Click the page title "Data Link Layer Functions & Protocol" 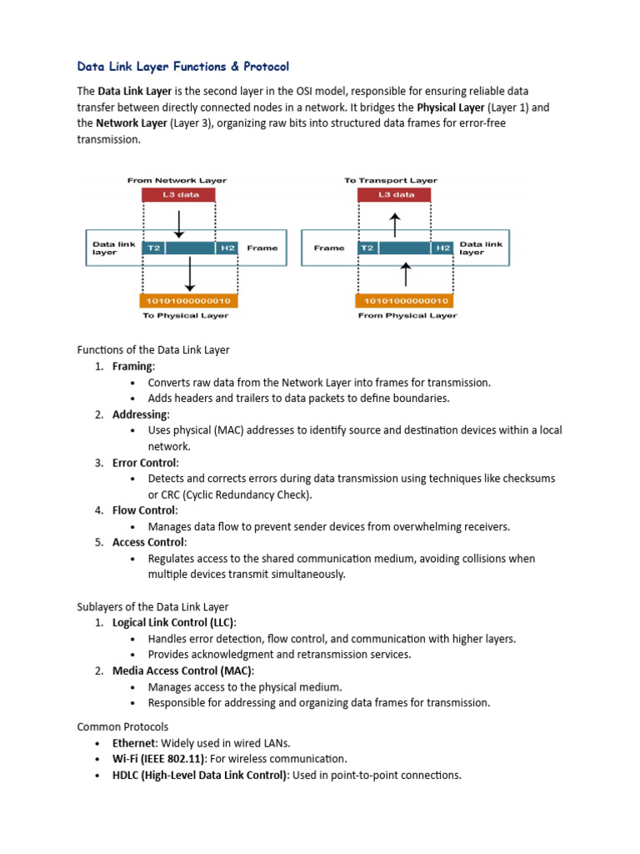[x=183, y=66]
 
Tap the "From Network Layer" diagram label [x=177, y=180]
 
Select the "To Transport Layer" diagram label [x=391, y=180]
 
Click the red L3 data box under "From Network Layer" [x=177, y=195]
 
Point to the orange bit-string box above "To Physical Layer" [x=189, y=300]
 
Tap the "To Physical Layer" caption [x=187, y=316]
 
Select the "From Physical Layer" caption [x=406, y=316]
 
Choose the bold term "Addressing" [x=140, y=414]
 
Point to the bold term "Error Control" [x=144, y=463]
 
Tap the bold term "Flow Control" [x=143, y=510]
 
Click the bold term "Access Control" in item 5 [x=148, y=542]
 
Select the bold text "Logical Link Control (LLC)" [x=173, y=623]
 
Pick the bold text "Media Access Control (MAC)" [x=182, y=671]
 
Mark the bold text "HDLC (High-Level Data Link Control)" [x=200, y=775]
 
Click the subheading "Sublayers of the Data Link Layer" [x=152, y=606]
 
